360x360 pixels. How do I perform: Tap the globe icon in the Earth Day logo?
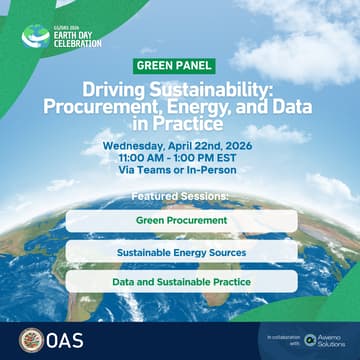(36, 36)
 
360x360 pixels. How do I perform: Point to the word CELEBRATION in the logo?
(77, 43)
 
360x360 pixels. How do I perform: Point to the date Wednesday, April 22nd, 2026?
(181, 146)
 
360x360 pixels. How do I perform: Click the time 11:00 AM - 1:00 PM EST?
(181, 158)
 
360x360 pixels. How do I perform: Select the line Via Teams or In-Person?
(181, 170)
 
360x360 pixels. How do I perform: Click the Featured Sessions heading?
(181, 196)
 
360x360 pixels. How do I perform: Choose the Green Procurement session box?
(181, 220)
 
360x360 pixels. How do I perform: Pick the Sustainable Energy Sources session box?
(181, 252)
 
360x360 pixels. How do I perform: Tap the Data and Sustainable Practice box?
(181, 282)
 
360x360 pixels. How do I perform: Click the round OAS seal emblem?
(31, 339)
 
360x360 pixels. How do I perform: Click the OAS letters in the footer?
(66, 339)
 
